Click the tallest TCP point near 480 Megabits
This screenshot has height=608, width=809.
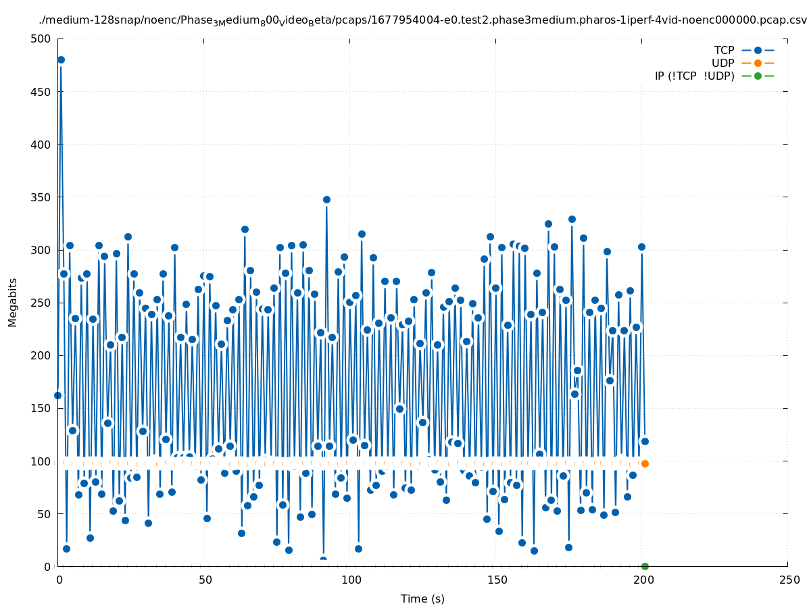pos(61,59)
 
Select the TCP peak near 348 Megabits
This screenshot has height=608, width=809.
pos(326,199)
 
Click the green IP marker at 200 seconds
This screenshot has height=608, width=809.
pos(645,566)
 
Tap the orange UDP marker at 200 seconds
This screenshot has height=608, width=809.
pos(645,463)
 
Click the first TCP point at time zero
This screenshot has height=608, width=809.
pos(57,395)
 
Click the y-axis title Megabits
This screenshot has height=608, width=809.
pos(13,302)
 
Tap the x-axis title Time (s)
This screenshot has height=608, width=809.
pos(422,599)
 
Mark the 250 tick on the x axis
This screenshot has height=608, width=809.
pos(788,580)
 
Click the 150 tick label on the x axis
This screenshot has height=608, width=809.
pos(496,580)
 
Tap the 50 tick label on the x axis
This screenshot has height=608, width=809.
pos(204,580)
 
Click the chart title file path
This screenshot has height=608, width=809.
pos(422,20)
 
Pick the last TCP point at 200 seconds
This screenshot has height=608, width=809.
pos(645,441)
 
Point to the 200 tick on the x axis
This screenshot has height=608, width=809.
pos(642,580)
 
